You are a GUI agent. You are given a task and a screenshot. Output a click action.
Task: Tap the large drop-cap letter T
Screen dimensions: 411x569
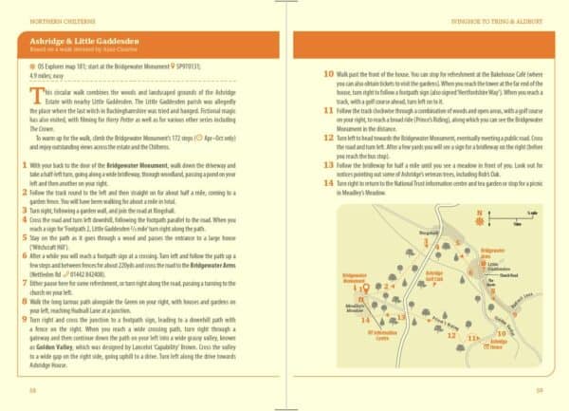point(36,94)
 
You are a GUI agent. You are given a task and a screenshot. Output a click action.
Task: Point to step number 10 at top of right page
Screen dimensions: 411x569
point(329,73)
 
